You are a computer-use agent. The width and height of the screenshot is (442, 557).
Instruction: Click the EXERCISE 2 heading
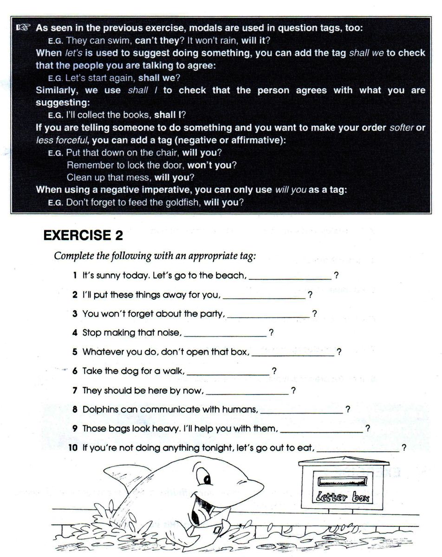coord(83,236)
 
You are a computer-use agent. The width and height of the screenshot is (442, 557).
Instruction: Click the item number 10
coord(72,448)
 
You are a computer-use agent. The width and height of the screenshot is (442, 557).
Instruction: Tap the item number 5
coord(75,352)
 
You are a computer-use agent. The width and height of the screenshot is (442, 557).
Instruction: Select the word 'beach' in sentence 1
coord(230,275)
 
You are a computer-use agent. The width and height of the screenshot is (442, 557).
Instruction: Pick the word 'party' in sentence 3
coord(211,314)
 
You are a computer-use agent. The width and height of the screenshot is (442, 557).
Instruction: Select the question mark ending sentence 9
coord(368,428)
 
